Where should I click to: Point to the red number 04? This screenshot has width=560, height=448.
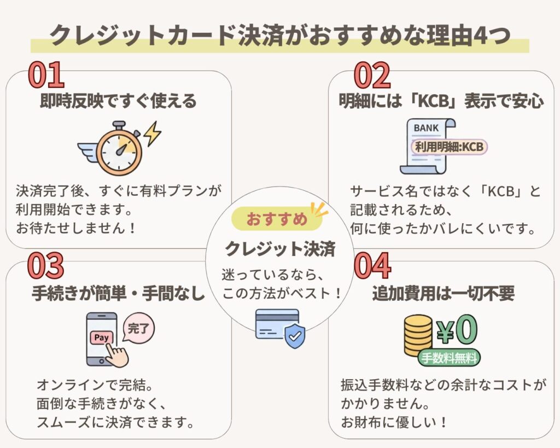point(372,266)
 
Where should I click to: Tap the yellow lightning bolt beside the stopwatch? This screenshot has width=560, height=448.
point(151,133)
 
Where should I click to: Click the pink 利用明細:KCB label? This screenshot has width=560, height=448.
point(448,147)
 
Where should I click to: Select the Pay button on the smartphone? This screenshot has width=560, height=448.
point(101,338)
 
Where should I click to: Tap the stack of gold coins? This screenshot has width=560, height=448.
point(418,337)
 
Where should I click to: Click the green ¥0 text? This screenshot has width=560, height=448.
point(457,330)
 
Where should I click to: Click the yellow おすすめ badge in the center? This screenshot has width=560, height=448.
point(277,219)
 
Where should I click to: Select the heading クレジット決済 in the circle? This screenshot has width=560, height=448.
point(280,248)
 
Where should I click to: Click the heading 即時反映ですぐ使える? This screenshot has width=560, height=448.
point(118,101)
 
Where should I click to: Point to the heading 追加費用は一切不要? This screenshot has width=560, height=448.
point(443,293)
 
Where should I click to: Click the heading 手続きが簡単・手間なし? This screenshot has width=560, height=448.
point(118,293)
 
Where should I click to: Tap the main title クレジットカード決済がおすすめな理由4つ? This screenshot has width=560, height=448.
point(280,36)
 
